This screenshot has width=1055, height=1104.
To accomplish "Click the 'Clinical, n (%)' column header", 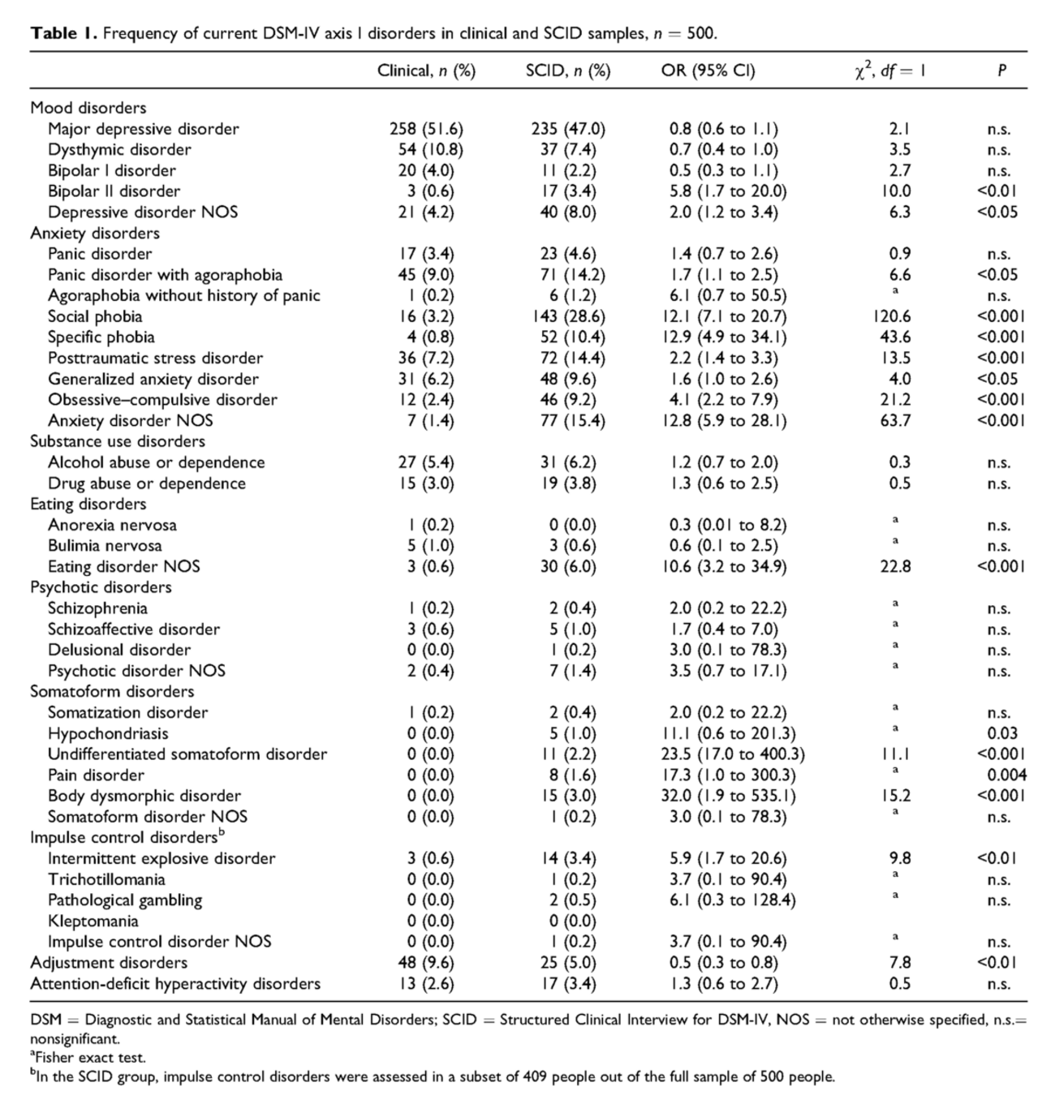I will point(426,71).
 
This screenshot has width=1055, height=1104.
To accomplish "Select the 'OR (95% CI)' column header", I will point(708,71).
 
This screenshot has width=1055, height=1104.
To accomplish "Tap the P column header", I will point(1001,71).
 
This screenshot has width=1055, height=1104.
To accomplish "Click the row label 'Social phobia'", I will point(95,316).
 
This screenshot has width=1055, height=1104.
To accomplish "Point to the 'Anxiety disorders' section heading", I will point(95,233).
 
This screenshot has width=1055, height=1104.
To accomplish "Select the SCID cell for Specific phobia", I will point(567,337).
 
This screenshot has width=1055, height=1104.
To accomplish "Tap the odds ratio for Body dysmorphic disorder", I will point(728,796).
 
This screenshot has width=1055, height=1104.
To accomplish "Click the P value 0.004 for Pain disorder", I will point(1006,775).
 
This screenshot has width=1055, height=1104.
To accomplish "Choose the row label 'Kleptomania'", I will point(93,921).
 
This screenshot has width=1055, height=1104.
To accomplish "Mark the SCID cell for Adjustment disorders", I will point(567,963).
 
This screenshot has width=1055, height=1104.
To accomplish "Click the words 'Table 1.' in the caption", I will point(63,33).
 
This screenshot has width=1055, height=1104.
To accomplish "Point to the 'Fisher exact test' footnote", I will point(90,1058).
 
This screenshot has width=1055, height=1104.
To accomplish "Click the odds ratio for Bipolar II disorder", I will point(728,191).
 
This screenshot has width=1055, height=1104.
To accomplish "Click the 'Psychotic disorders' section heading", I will point(101,587).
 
